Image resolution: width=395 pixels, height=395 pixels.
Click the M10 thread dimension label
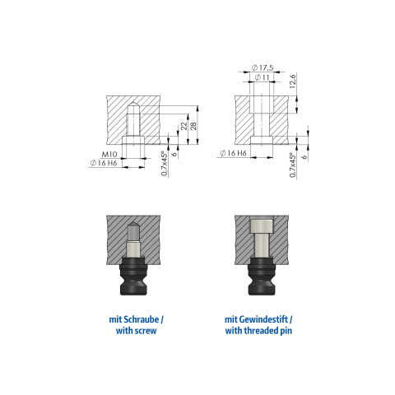pos(109,155)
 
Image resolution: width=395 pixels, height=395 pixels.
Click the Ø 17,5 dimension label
pos(263,67)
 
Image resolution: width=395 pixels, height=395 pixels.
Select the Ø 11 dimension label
pos(263,77)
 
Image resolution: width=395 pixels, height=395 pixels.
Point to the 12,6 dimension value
pos(293,81)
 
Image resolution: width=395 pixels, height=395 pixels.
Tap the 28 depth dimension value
pos(193,126)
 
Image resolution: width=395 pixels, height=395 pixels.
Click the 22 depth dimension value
pos(184,126)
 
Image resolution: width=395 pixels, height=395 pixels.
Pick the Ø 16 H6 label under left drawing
pos(104,163)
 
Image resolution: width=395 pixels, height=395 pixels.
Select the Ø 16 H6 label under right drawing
pos(233,153)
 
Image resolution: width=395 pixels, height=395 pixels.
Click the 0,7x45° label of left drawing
pos(164,164)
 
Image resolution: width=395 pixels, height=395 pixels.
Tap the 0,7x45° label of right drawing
pos(293,165)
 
